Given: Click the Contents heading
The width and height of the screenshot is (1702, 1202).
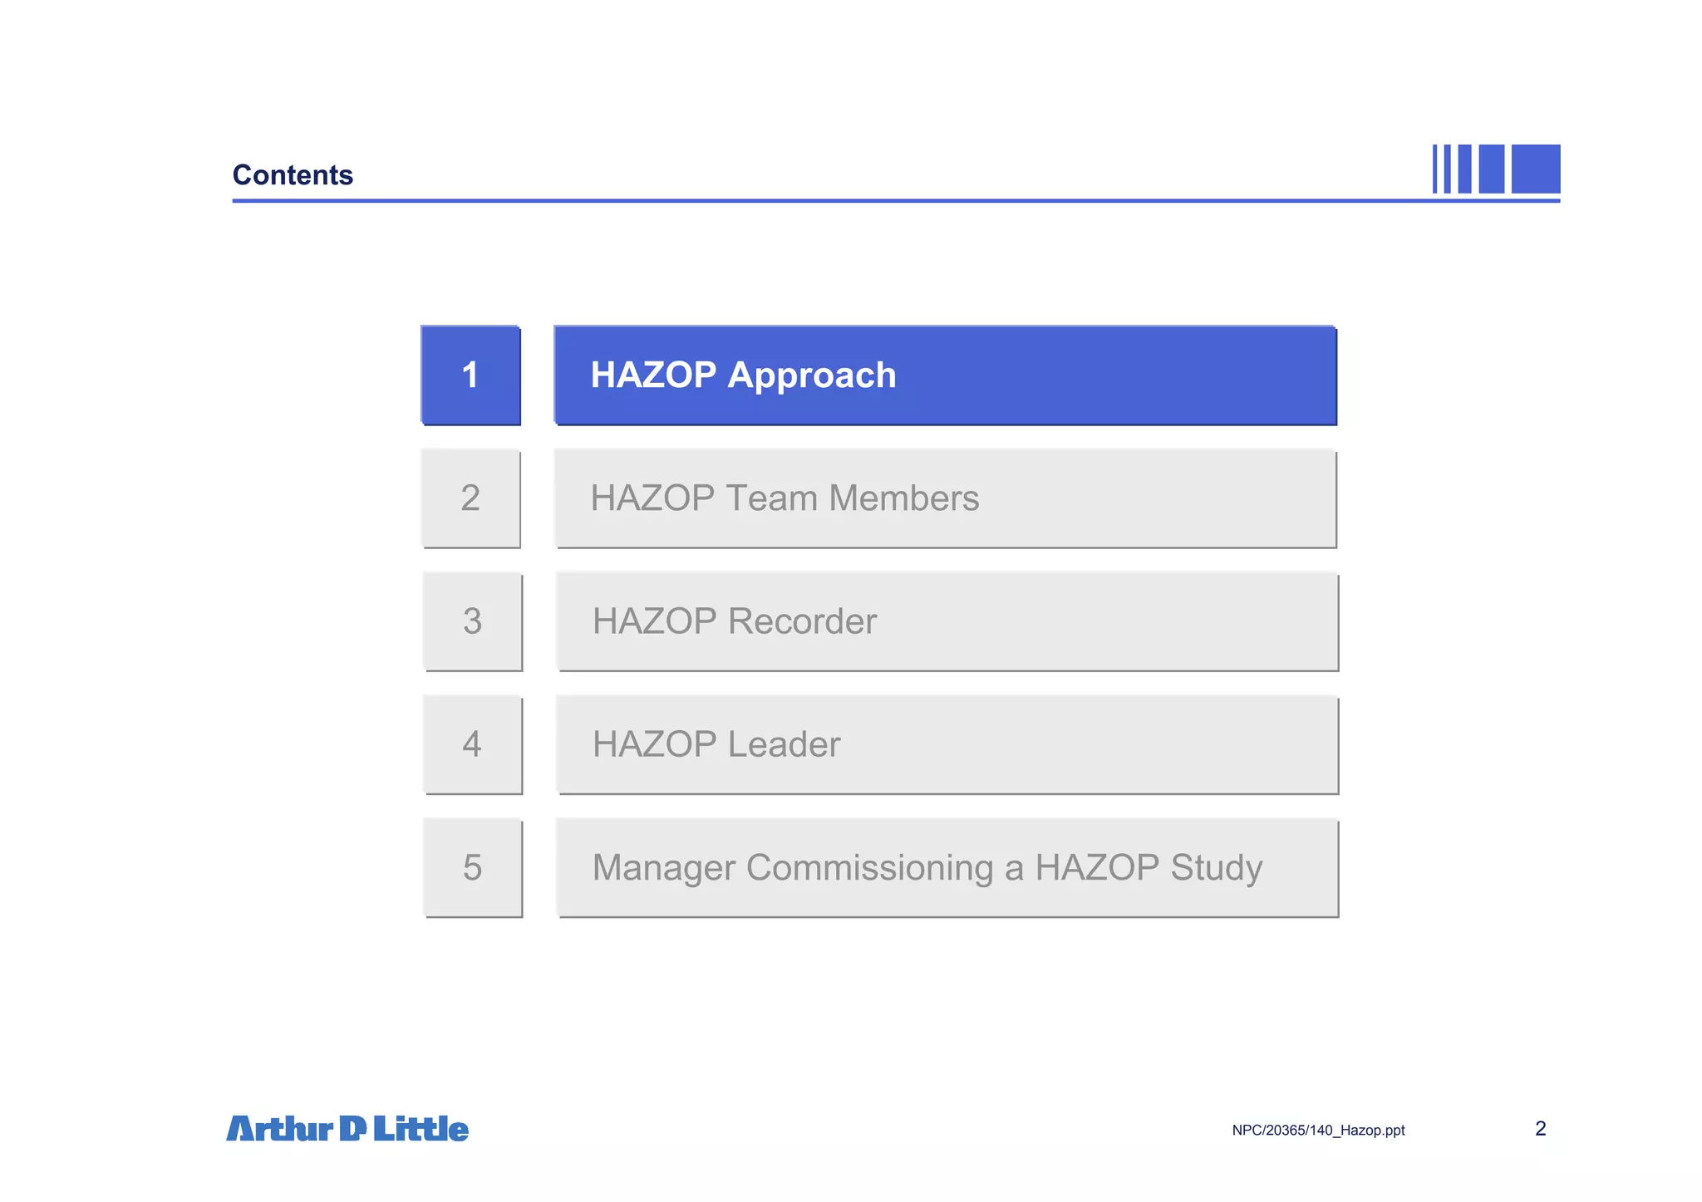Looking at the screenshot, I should click(x=293, y=175).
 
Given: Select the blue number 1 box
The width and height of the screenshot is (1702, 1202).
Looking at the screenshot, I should click(x=470, y=375).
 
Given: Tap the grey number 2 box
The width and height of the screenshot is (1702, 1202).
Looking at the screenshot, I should click(x=470, y=498).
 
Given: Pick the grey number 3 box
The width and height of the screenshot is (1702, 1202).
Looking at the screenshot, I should click(x=472, y=621).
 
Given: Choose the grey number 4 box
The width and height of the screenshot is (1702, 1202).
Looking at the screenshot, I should click(x=472, y=744).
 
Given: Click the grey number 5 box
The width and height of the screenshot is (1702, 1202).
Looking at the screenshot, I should click(x=472, y=867).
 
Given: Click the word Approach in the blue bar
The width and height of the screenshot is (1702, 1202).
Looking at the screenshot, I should click(x=812, y=376).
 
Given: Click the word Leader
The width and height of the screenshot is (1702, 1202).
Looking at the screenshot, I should click(x=784, y=744).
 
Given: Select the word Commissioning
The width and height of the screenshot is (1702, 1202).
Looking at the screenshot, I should click(x=869, y=868).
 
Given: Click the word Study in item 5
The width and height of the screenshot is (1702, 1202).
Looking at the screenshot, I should click(x=1216, y=868).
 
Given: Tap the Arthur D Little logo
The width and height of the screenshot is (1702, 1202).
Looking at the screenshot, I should click(x=347, y=1129).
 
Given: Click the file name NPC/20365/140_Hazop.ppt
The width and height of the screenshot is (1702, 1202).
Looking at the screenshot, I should click(x=1318, y=1131).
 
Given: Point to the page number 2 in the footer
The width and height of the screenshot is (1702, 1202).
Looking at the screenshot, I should click(x=1540, y=1129).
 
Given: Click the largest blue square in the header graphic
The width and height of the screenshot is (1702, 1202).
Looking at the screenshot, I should click(x=1535, y=169).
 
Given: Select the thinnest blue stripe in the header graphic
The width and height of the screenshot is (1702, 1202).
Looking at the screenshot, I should click(x=1434, y=169).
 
